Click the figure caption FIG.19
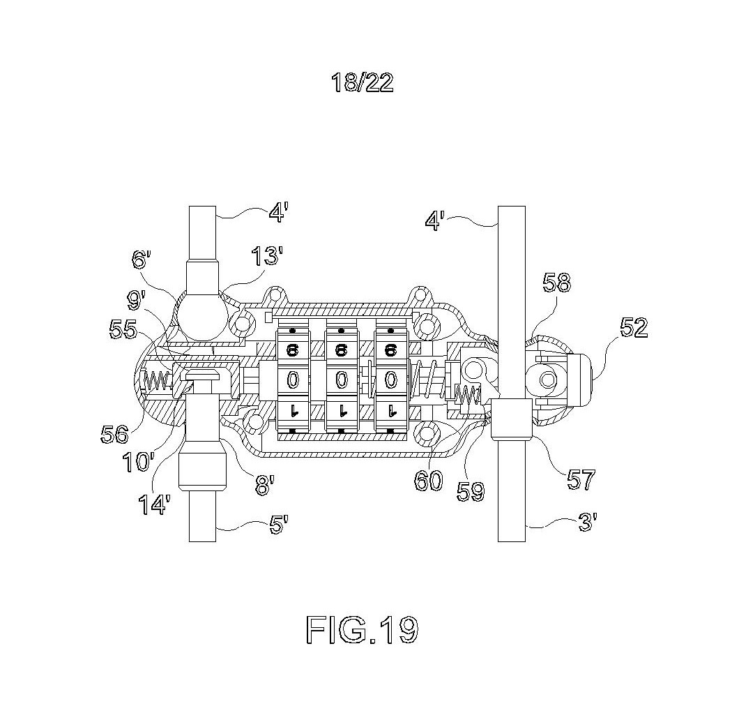tap(362, 629)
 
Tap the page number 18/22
tap(362, 83)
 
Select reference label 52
tap(634, 327)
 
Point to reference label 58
tap(556, 283)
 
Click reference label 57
tap(581, 479)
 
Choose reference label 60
tap(429, 481)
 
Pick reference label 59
tap(471, 491)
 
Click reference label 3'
tap(588, 522)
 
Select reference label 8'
tap(264, 485)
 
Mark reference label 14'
tap(153, 504)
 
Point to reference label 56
tap(114, 434)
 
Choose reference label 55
tap(123, 329)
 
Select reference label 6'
tap(142, 260)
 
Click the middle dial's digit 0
tap(342, 380)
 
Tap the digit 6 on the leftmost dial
tap(293, 350)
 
